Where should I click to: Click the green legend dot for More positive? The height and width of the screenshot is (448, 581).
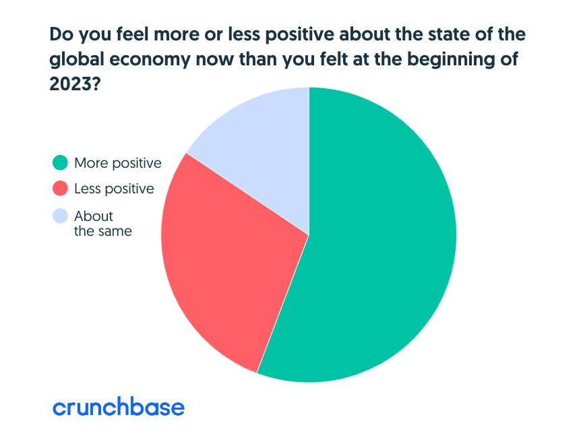(61, 163)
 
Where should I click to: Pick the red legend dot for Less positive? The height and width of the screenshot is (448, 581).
(61, 189)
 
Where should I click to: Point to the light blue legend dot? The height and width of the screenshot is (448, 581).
(61, 216)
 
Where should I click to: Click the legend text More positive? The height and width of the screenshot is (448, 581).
(118, 163)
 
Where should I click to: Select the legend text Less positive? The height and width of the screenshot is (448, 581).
(114, 189)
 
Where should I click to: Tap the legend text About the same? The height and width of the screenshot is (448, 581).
(103, 224)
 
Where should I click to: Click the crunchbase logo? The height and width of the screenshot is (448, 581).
(119, 407)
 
